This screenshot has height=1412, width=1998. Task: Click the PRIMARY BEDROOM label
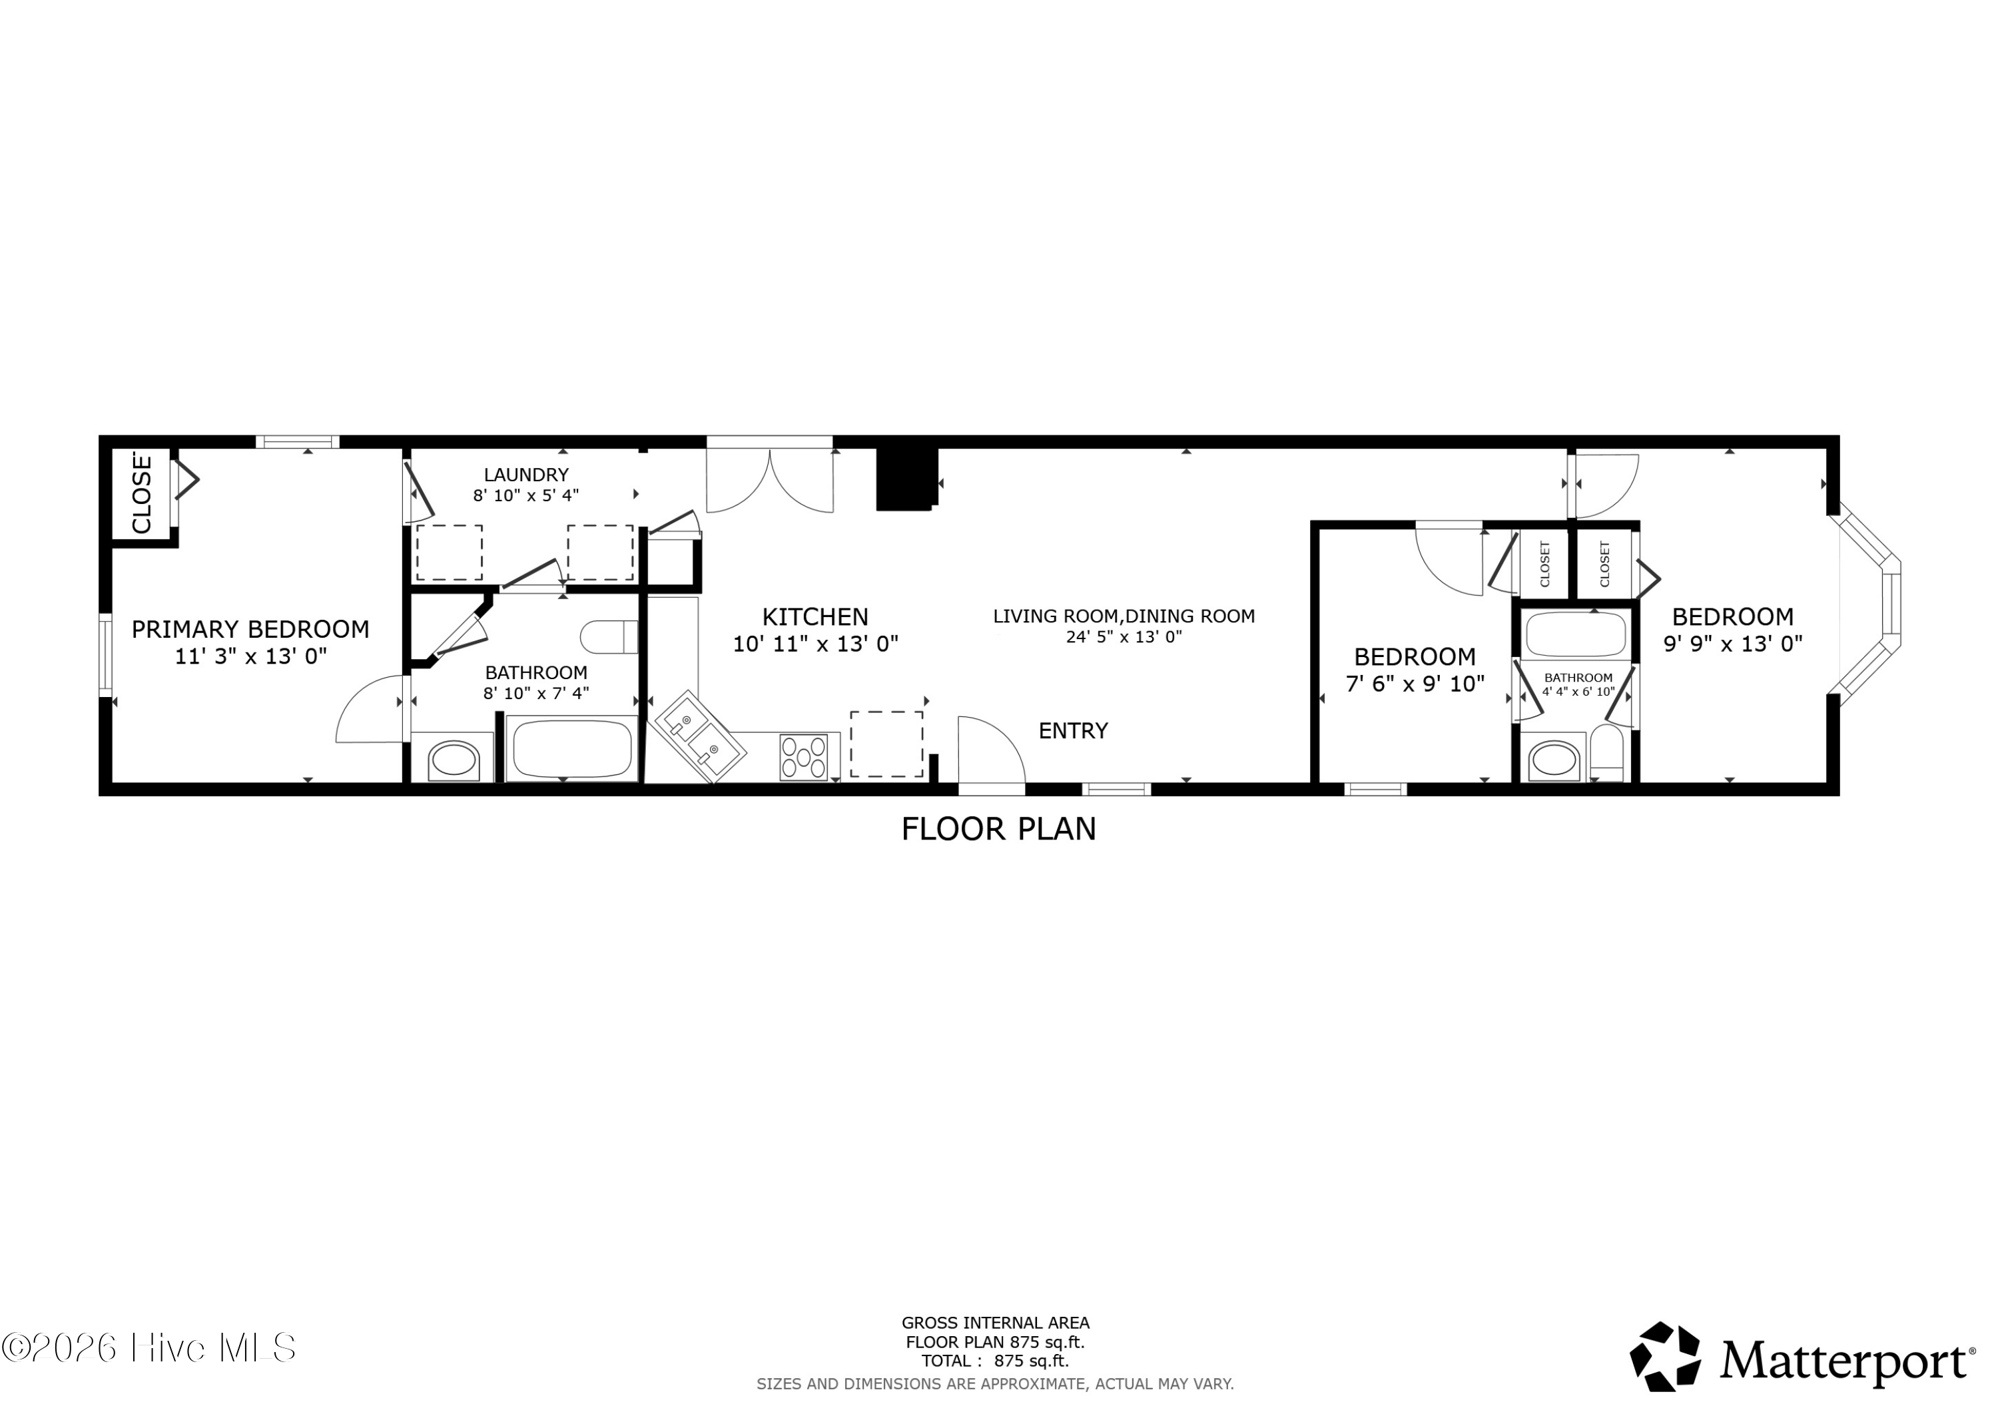pos(250,629)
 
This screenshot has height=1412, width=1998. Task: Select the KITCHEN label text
pos(815,617)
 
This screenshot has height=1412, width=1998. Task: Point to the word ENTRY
pos(1073,731)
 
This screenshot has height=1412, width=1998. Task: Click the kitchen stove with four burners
pos(803,756)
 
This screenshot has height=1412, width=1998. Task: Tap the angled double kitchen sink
pos(701,737)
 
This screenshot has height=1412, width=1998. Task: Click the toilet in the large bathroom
pos(609,637)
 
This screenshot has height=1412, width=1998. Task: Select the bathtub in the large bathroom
pos(571,748)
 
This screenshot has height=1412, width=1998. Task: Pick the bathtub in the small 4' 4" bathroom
pos(1576,634)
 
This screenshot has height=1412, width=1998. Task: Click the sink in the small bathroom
pos(1554,760)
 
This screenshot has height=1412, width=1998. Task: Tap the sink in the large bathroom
pos(454,760)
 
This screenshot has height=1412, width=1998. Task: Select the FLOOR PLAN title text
pos(998,829)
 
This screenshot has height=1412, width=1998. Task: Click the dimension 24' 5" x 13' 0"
pos(1124,637)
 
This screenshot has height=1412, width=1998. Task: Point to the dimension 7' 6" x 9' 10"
pos(1415,684)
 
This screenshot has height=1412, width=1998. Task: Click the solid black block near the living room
pos(906,479)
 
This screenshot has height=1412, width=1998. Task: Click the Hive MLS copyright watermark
pos(149,1347)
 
